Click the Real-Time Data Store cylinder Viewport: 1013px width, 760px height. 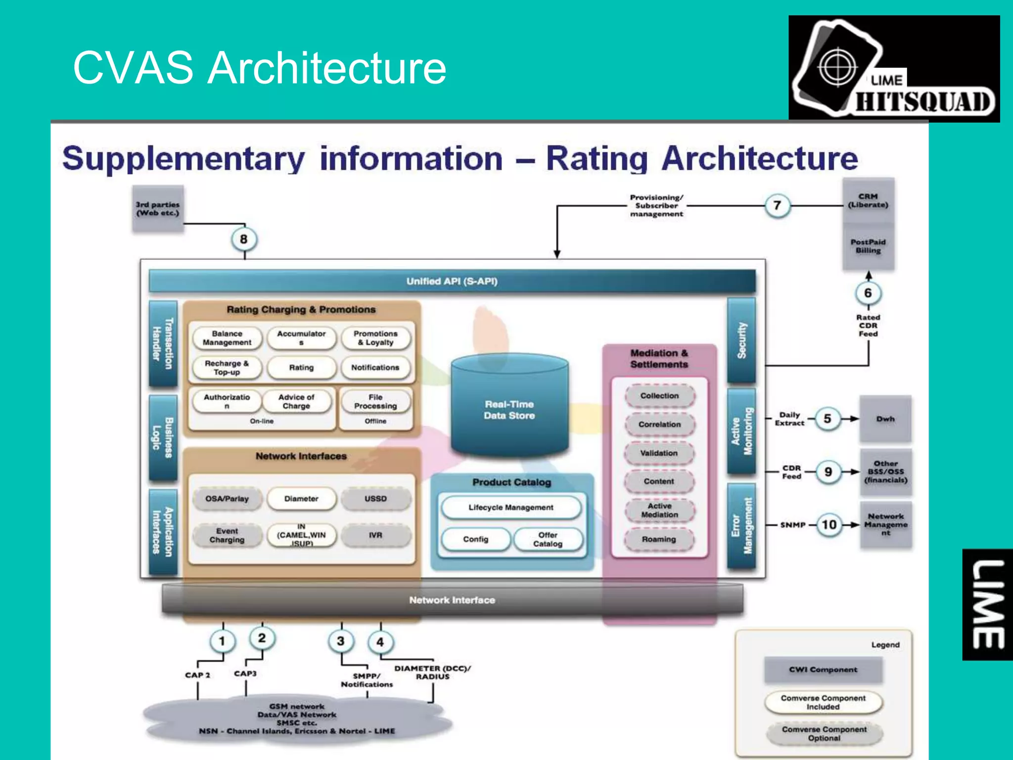click(509, 406)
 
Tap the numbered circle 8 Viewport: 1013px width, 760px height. click(243, 239)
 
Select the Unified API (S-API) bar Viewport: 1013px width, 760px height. click(452, 281)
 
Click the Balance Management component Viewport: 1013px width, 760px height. click(227, 338)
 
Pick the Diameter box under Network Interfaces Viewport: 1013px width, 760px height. click(301, 499)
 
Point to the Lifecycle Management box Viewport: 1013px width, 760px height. click(511, 508)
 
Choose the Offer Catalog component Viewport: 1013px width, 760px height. click(548, 539)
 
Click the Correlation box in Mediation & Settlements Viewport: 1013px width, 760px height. click(659, 425)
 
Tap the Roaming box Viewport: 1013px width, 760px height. click(659, 539)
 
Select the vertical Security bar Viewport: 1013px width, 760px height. click(741, 340)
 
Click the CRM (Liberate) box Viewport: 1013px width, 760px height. click(868, 200)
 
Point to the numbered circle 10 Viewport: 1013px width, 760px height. click(829, 524)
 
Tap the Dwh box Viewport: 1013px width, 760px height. click(885, 419)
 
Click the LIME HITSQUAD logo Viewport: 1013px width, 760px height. click(894, 69)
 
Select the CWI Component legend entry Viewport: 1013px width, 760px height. click(823, 669)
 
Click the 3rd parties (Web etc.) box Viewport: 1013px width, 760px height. click(158, 209)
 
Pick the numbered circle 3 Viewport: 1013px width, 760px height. click(340, 641)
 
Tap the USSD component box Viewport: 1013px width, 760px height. click(375, 499)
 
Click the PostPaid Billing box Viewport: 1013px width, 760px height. click(868, 246)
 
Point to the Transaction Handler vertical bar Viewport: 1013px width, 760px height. click(163, 343)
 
